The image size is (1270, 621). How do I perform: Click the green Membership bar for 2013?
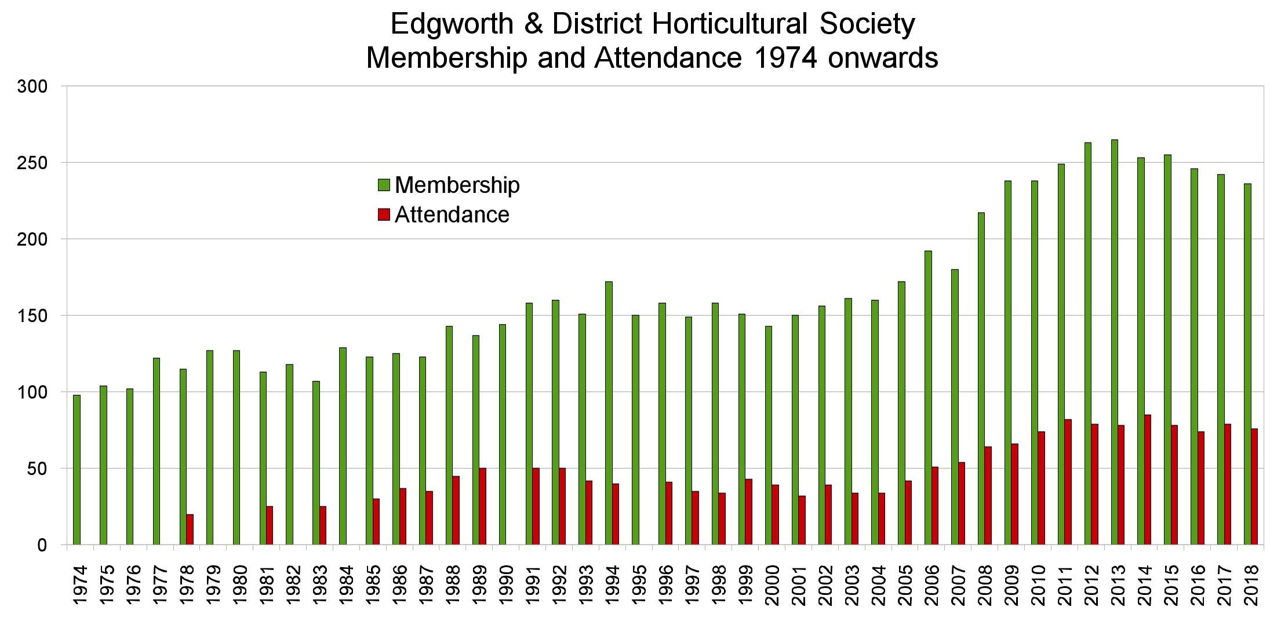[1114, 342]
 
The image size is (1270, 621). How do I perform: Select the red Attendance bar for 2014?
[1148, 480]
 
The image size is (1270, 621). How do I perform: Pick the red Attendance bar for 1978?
[190, 529]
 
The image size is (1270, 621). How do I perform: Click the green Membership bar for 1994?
[609, 413]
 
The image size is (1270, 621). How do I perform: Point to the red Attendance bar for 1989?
[482, 506]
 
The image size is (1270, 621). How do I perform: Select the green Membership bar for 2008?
[981, 379]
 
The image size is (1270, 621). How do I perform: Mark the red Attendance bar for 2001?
[802, 520]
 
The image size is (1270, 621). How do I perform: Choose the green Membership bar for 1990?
[502, 434]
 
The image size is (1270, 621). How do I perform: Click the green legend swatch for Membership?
[384, 185]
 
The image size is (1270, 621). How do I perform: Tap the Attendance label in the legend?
[452, 215]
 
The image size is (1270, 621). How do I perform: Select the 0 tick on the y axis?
[42, 546]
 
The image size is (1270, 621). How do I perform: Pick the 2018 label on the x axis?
[1251, 585]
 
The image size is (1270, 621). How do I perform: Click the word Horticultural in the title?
[729, 24]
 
